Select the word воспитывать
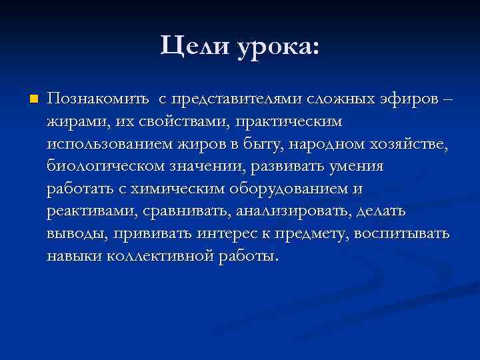point(402,234)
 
